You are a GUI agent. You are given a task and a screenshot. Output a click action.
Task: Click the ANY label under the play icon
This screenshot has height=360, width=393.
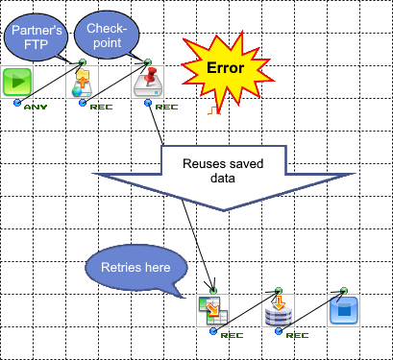click(35, 106)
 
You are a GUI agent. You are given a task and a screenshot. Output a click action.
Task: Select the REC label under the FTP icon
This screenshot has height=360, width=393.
click(101, 106)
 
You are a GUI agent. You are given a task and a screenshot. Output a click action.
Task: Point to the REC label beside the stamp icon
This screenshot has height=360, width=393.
click(165, 106)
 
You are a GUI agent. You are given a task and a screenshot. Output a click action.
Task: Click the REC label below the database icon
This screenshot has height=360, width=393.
click(296, 335)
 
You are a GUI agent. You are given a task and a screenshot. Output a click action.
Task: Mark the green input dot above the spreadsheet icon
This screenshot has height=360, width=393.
click(211, 289)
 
